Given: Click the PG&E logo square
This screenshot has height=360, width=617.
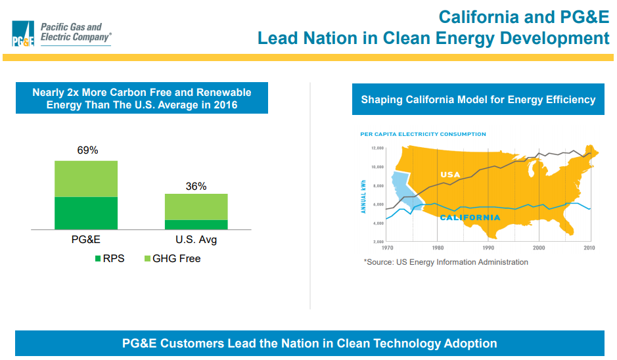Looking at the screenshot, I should [x=23, y=34].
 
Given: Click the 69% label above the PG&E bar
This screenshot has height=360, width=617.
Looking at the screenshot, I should [x=87, y=150].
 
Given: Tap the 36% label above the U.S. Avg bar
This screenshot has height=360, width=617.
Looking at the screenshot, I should [x=196, y=186].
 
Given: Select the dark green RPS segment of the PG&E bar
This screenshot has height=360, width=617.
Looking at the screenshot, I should [x=86, y=213].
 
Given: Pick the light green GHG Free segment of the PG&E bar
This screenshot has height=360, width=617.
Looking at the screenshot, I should [x=86, y=179].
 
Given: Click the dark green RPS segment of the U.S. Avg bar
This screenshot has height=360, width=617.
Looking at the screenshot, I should [x=196, y=225].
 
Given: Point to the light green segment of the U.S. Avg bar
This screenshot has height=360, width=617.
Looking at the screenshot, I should [x=196, y=207].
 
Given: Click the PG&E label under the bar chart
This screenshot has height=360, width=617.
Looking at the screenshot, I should [x=86, y=240].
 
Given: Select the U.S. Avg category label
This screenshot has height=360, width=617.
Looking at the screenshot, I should [x=196, y=240].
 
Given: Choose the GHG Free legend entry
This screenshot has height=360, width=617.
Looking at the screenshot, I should [x=171, y=259].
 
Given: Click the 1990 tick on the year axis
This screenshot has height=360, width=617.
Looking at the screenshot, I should [x=488, y=248].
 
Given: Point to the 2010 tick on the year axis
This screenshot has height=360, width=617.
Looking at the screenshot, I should [x=589, y=248].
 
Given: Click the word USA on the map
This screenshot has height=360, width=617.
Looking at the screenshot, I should [x=450, y=175].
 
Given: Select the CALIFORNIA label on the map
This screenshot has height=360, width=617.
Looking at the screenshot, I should [x=470, y=217].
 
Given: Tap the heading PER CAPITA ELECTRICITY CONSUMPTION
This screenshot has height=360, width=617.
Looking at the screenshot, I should [x=423, y=134].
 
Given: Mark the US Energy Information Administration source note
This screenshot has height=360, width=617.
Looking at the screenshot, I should [x=446, y=262].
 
